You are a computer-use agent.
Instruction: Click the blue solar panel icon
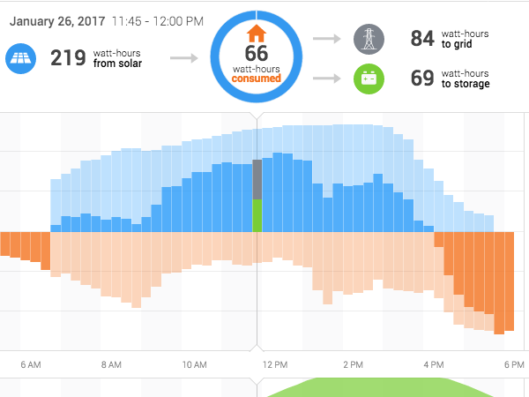19,59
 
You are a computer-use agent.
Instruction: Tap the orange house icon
256,34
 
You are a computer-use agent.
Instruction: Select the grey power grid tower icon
369,39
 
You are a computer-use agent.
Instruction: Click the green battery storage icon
369,79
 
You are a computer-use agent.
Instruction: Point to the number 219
68,58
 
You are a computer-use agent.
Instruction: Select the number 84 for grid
421,39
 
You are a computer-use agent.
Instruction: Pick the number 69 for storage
421,79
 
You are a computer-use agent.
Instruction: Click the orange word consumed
256,79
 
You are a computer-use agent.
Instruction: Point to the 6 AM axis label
30,363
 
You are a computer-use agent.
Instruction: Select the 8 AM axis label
111,363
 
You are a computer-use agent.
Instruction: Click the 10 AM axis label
194,363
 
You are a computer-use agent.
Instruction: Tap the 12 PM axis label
275,363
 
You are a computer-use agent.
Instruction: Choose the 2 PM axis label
353,363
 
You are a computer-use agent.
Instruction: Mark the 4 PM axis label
433,363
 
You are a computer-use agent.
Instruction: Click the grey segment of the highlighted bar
257,179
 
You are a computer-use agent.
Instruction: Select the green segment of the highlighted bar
257,215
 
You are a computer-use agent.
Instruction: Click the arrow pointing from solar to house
183,59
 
